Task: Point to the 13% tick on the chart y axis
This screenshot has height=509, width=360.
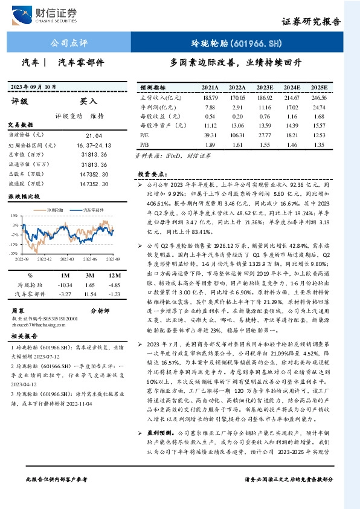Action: coord(13,215)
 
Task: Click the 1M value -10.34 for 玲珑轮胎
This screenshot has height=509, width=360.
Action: coord(64,284)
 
